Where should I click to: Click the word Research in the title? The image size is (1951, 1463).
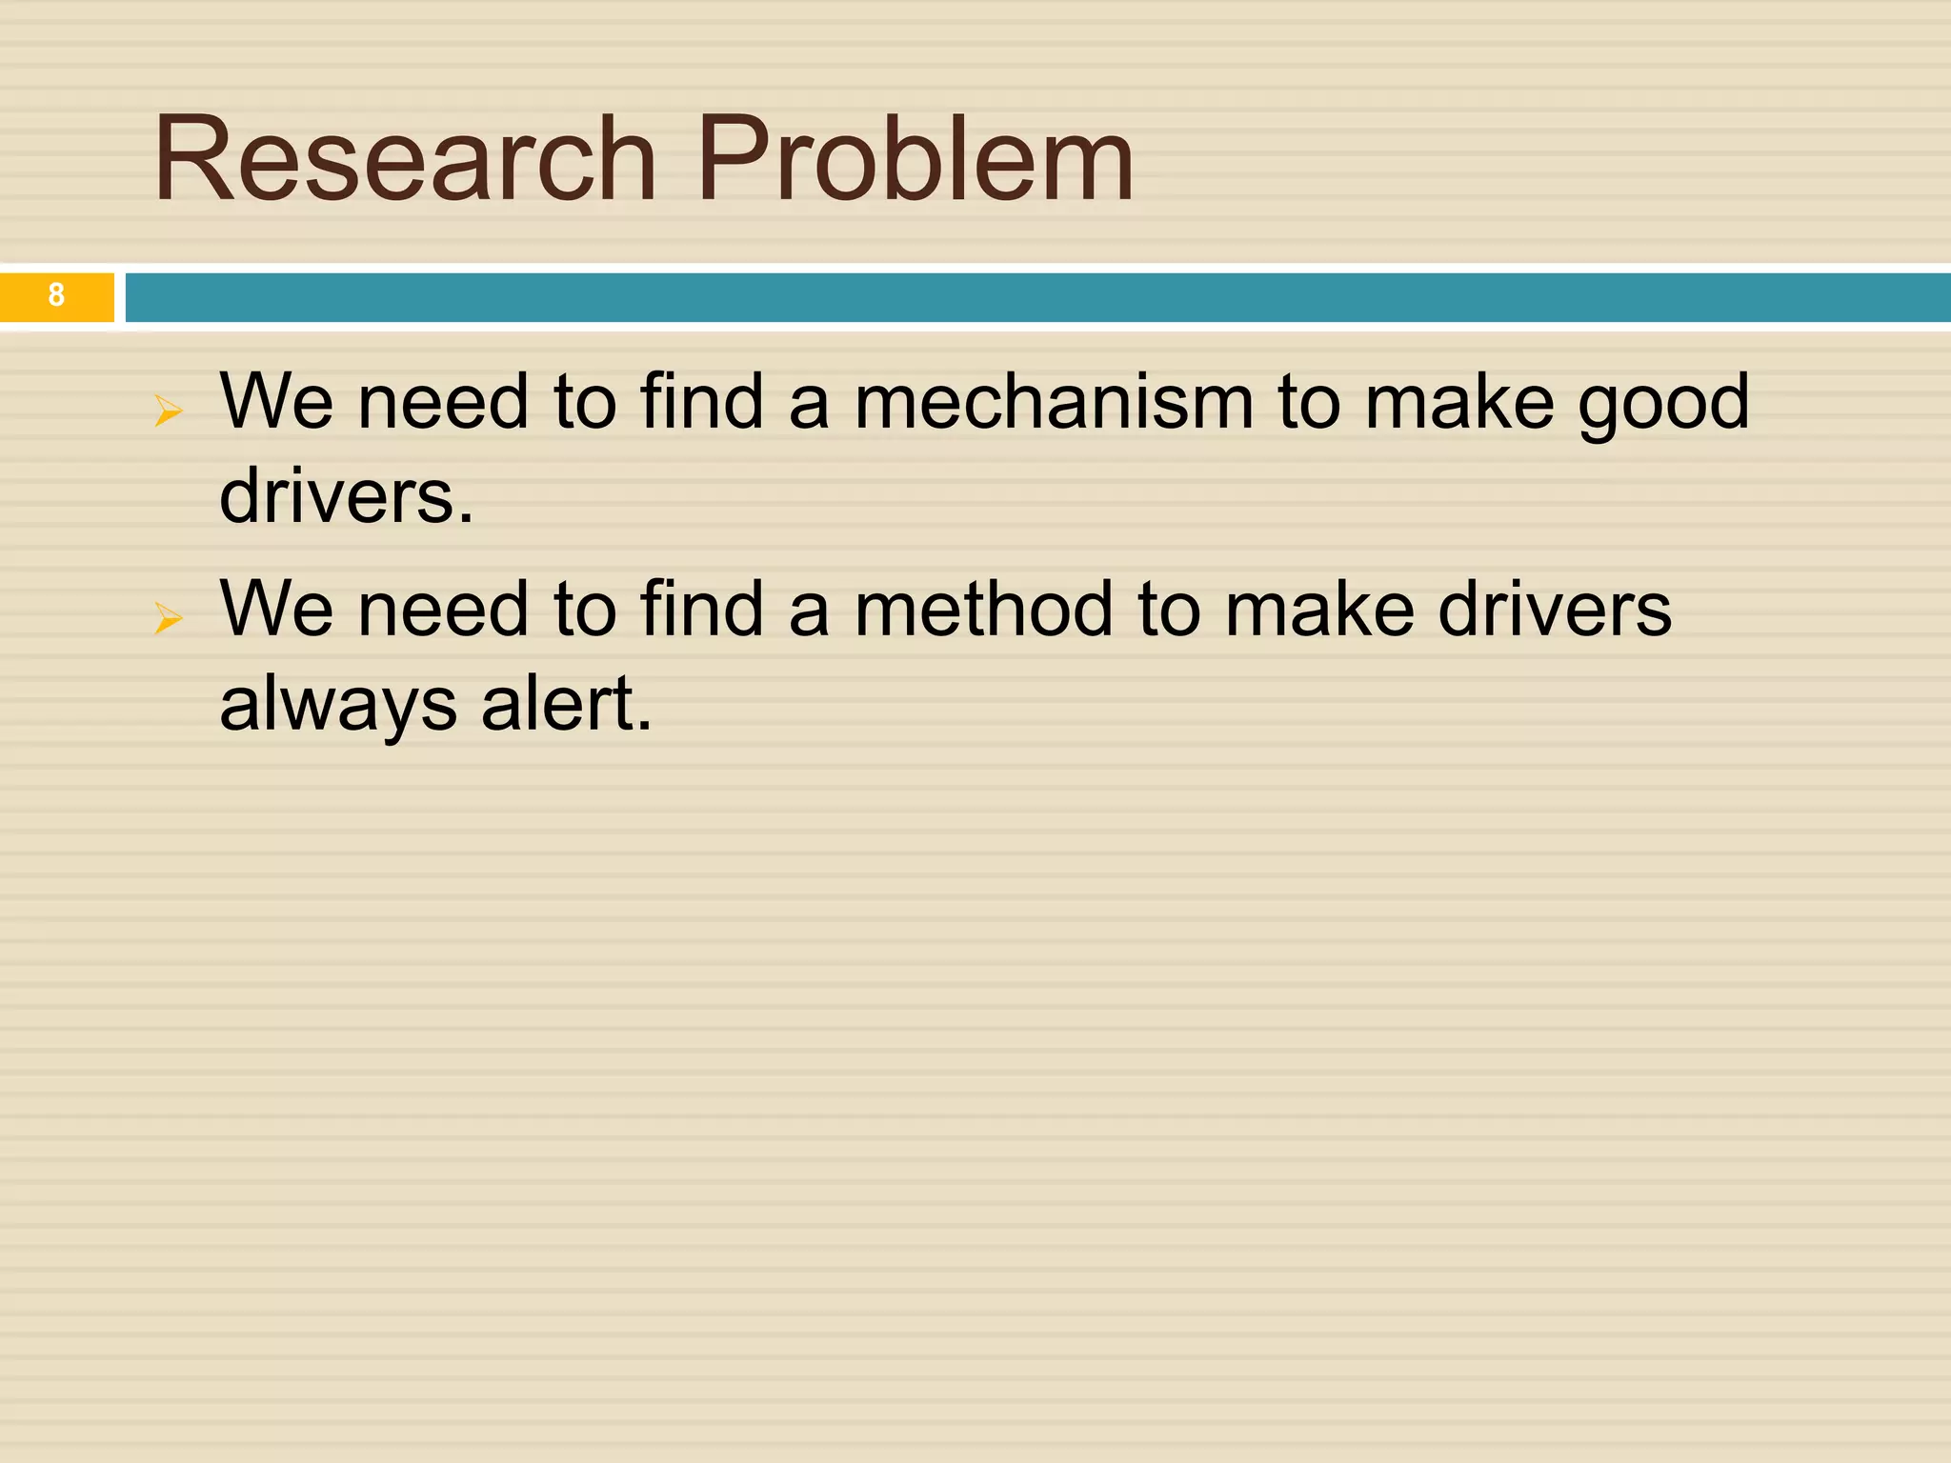pyautogui.click(x=405, y=159)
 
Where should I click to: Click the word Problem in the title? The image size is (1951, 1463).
pyautogui.click(x=915, y=159)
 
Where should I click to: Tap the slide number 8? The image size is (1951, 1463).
pyautogui.click(x=56, y=295)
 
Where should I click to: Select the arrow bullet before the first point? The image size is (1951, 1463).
pyautogui.click(x=168, y=411)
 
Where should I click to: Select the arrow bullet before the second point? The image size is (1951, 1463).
pyautogui.click(x=168, y=619)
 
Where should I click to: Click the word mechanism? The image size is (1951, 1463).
pyautogui.click(x=1054, y=402)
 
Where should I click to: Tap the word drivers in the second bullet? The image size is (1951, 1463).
pyautogui.click(x=1554, y=610)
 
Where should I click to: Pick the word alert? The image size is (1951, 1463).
pyautogui.click(x=566, y=705)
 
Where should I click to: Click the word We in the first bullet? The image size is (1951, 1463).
pyautogui.click(x=276, y=402)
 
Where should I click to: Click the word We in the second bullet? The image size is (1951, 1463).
pyautogui.click(x=276, y=610)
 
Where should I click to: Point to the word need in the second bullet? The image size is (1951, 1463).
pyautogui.click(x=443, y=610)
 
